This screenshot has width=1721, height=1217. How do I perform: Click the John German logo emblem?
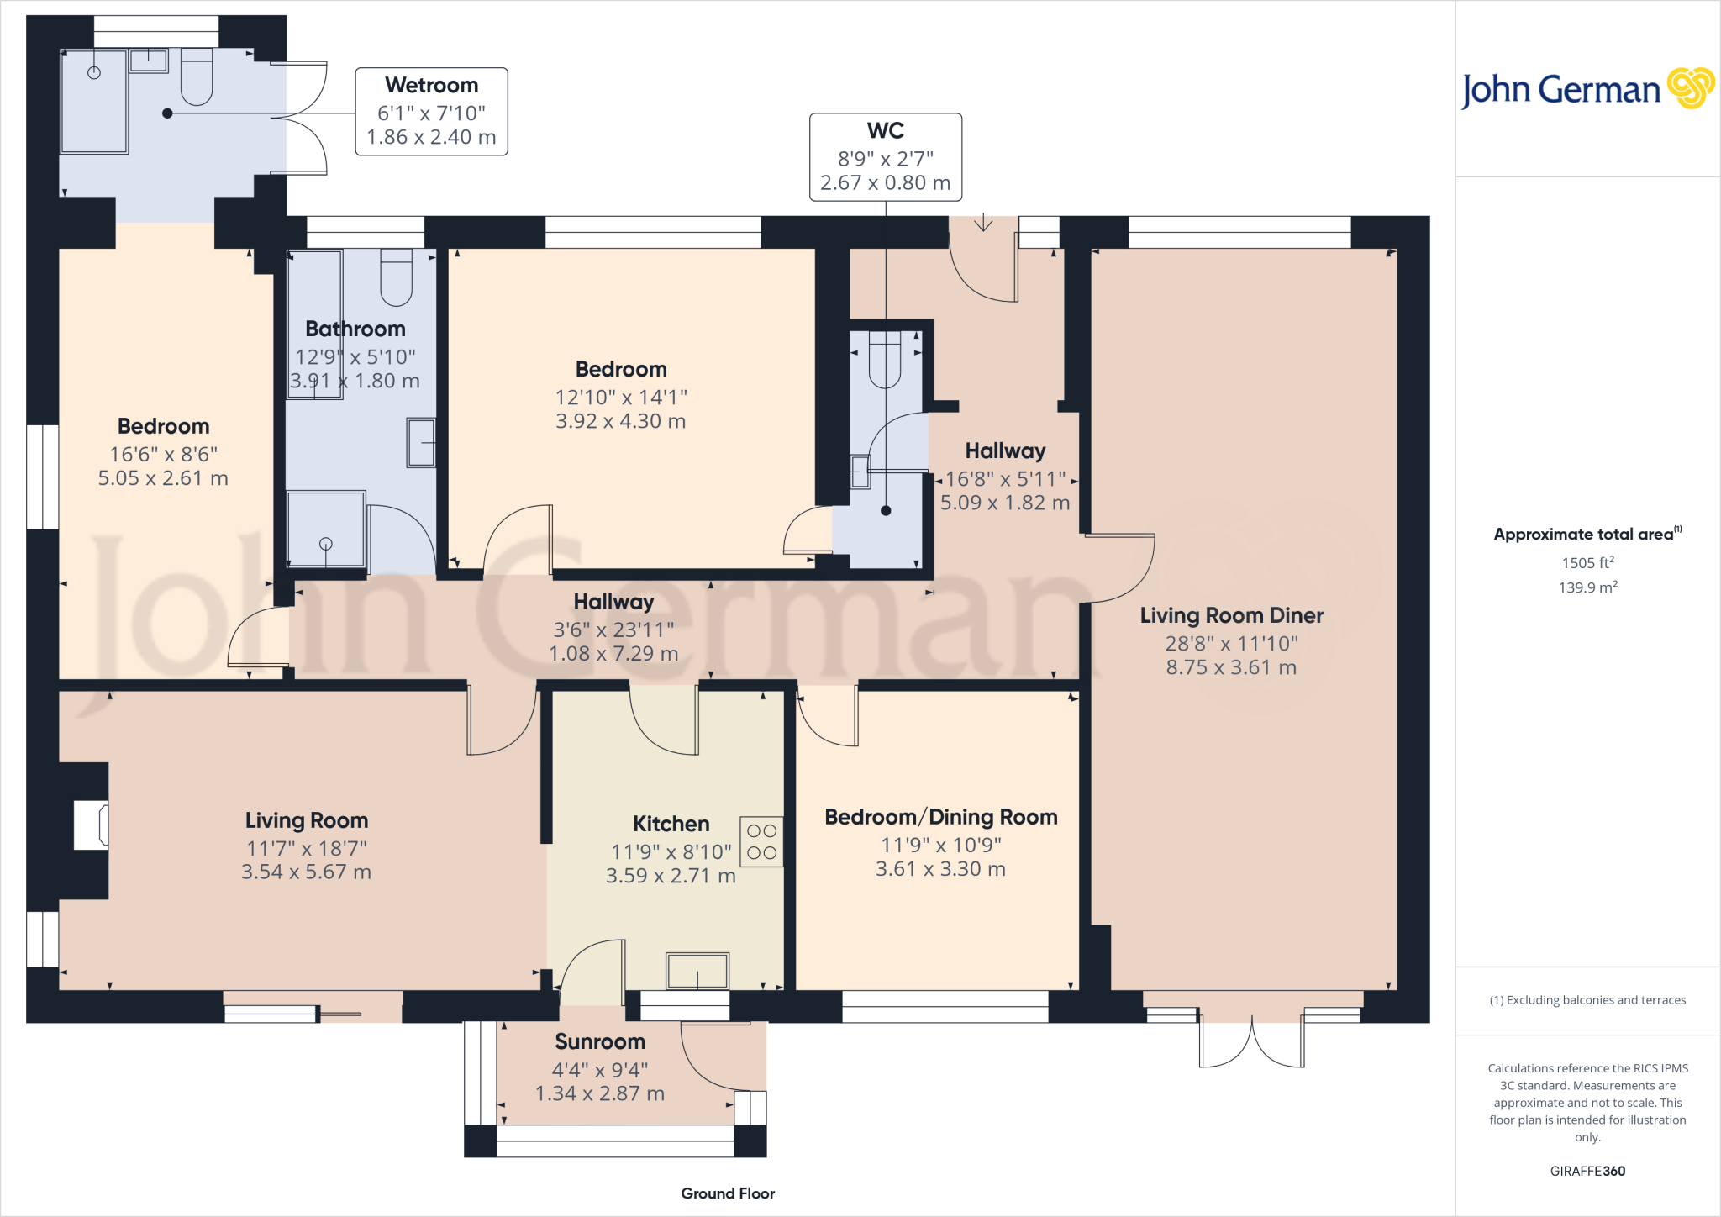(1690, 88)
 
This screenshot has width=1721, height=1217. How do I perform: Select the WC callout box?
(885, 157)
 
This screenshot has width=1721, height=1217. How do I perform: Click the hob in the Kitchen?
(761, 841)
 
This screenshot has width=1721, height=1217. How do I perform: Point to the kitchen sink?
(697, 971)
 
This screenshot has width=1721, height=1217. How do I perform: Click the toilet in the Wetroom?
(197, 76)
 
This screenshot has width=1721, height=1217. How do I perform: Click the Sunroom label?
(600, 1042)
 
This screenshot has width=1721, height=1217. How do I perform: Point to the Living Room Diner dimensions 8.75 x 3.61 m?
(1231, 667)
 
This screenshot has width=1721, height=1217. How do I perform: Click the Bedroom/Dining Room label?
(940, 817)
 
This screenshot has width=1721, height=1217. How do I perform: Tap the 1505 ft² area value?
(1587, 563)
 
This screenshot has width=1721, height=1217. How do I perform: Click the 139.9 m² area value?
(1587, 587)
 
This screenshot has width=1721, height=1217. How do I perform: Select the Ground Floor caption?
(728, 1193)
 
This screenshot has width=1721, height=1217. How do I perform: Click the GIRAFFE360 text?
(1587, 1171)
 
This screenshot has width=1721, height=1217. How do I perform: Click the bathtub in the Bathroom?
(315, 324)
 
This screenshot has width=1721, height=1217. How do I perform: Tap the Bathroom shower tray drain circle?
(326, 544)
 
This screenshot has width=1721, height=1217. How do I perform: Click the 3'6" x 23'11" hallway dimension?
(613, 630)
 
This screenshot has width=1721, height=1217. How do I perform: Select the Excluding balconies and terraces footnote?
(1587, 1000)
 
